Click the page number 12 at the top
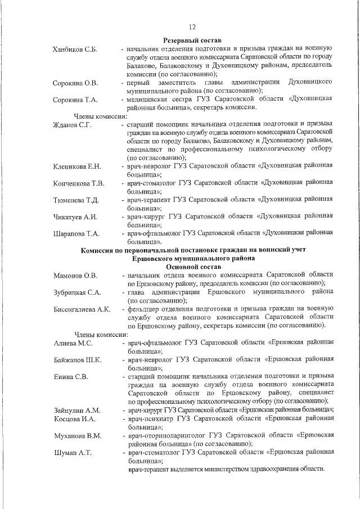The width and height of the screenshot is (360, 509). (x=192, y=26)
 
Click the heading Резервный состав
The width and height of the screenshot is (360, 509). (x=192, y=40)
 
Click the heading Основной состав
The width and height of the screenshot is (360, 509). (x=192, y=266)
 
